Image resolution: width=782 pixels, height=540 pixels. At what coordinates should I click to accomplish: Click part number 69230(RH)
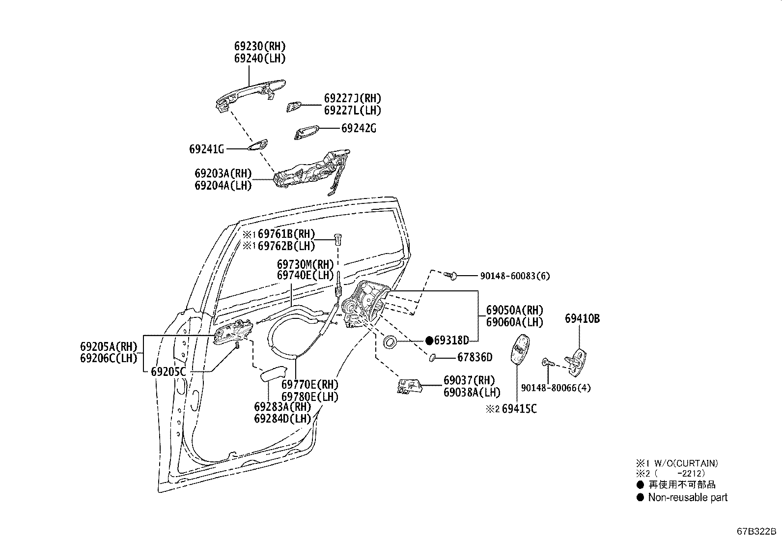259,46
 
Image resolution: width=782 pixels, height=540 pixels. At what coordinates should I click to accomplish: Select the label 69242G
359,128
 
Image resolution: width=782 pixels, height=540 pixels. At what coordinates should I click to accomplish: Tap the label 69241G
206,148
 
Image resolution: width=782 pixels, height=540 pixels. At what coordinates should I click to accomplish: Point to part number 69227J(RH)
352,98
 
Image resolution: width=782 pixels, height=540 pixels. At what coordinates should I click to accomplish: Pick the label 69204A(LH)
223,185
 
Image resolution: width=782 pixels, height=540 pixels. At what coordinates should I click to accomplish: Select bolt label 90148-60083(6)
515,276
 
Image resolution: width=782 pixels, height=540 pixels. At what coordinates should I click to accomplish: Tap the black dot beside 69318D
429,340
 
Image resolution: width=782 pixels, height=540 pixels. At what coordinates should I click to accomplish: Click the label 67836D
475,357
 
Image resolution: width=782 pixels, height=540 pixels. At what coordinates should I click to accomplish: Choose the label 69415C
519,408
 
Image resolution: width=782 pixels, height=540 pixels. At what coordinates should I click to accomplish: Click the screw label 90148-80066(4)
556,388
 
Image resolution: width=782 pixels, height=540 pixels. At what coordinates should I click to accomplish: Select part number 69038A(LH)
472,392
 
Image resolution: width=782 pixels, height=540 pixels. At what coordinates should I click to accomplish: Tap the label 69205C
168,371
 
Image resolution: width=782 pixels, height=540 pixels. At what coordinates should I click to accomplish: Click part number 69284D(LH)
282,418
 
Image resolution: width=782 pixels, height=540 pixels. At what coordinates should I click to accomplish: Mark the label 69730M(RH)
305,263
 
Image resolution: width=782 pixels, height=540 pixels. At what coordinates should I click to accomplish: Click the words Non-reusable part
688,497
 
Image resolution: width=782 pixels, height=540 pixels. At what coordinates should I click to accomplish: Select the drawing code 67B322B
755,532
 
